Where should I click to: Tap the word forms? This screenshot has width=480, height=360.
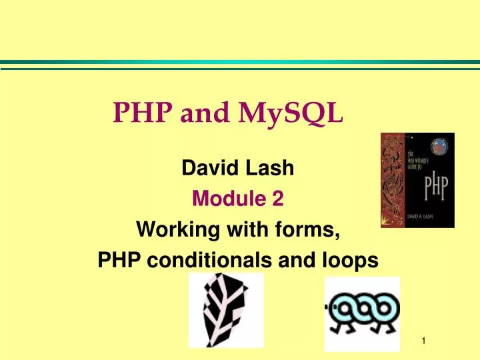coord(311,230)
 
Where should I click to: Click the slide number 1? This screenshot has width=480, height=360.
coord(423,342)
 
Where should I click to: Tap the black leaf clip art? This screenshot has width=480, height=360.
coord(226,310)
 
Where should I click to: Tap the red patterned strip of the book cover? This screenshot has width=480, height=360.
coord(393,180)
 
